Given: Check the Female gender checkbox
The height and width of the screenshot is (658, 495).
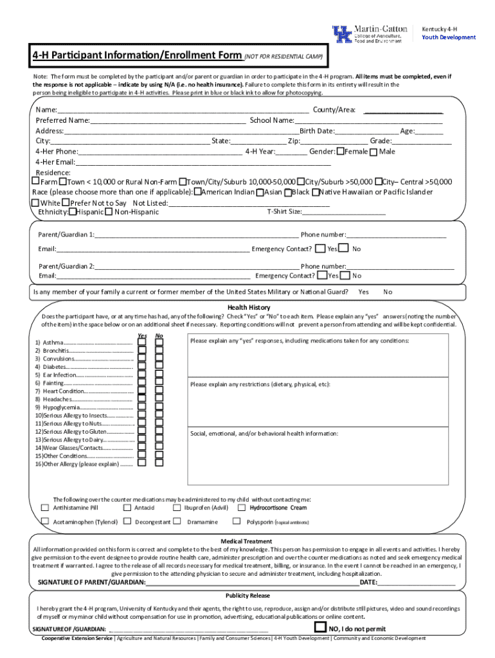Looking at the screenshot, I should (x=340, y=152).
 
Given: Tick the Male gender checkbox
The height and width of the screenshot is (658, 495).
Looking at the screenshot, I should (x=374, y=152).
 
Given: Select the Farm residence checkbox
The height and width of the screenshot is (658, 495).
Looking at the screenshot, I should (x=36, y=182).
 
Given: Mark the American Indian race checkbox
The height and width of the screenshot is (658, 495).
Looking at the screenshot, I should (x=198, y=192).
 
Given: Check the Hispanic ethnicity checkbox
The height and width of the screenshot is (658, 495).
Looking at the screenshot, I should (x=72, y=211).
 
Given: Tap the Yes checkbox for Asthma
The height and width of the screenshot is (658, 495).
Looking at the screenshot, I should (x=141, y=342).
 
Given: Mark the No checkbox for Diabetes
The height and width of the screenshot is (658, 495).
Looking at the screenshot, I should (x=159, y=366).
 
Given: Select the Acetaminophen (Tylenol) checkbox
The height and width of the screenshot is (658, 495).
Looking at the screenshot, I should (x=45, y=521).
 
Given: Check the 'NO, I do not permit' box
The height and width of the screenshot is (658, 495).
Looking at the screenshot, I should (x=319, y=627).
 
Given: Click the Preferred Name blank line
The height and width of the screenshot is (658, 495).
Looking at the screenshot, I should (x=168, y=120).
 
